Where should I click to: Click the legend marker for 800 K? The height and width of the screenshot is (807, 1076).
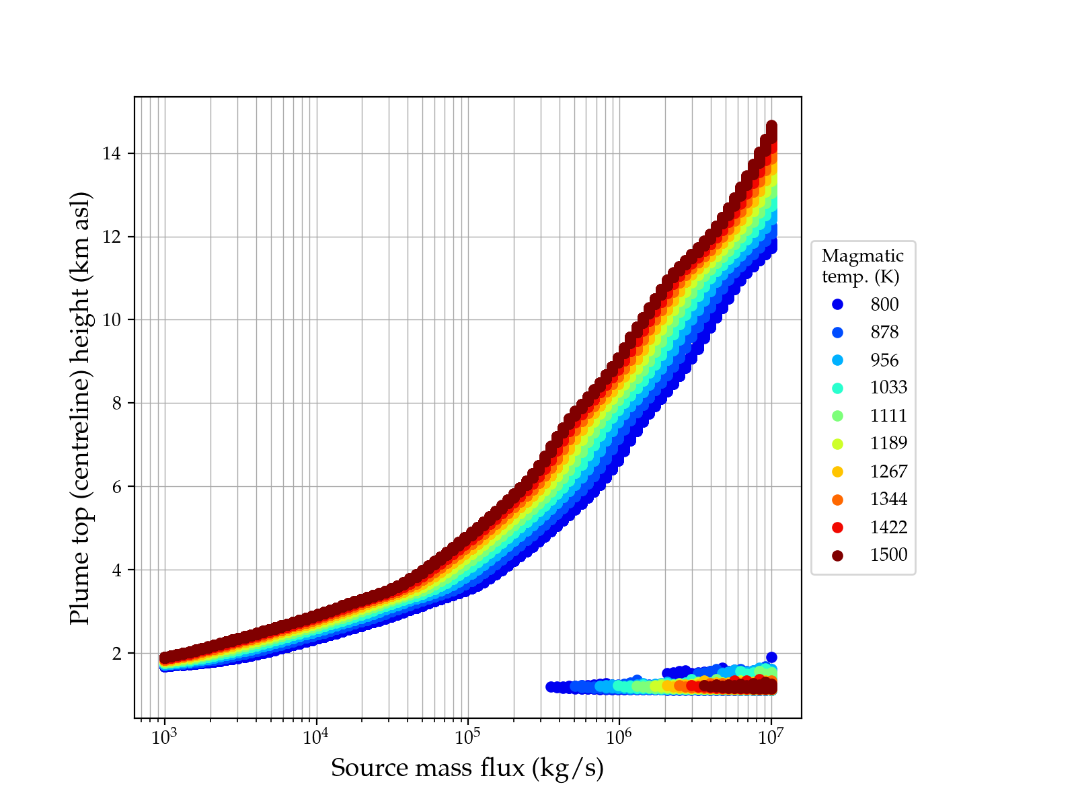[837, 305]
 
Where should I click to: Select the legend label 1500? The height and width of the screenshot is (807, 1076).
[888, 555]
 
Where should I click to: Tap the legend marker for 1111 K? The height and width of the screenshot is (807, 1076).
[837, 416]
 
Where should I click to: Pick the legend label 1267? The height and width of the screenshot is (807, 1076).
[888, 471]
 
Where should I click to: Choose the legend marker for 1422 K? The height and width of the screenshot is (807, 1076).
[837, 527]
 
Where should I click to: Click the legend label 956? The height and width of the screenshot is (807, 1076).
[884, 360]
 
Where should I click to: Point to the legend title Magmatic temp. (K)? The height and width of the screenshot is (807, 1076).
[863, 266]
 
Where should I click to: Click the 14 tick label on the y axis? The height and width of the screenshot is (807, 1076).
[112, 154]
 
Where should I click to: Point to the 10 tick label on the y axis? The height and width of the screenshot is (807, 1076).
[112, 320]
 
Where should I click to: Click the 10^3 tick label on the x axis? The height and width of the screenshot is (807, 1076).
[163, 736]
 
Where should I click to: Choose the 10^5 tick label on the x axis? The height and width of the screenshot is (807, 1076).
[467, 736]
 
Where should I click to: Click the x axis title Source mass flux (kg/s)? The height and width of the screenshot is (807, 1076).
[467, 768]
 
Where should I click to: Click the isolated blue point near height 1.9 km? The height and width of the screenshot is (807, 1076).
[771, 657]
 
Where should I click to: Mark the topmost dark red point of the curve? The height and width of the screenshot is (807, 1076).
[771, 126]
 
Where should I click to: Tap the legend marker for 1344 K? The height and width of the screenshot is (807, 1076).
[837, 500]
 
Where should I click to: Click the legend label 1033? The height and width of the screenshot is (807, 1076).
[888, 388]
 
